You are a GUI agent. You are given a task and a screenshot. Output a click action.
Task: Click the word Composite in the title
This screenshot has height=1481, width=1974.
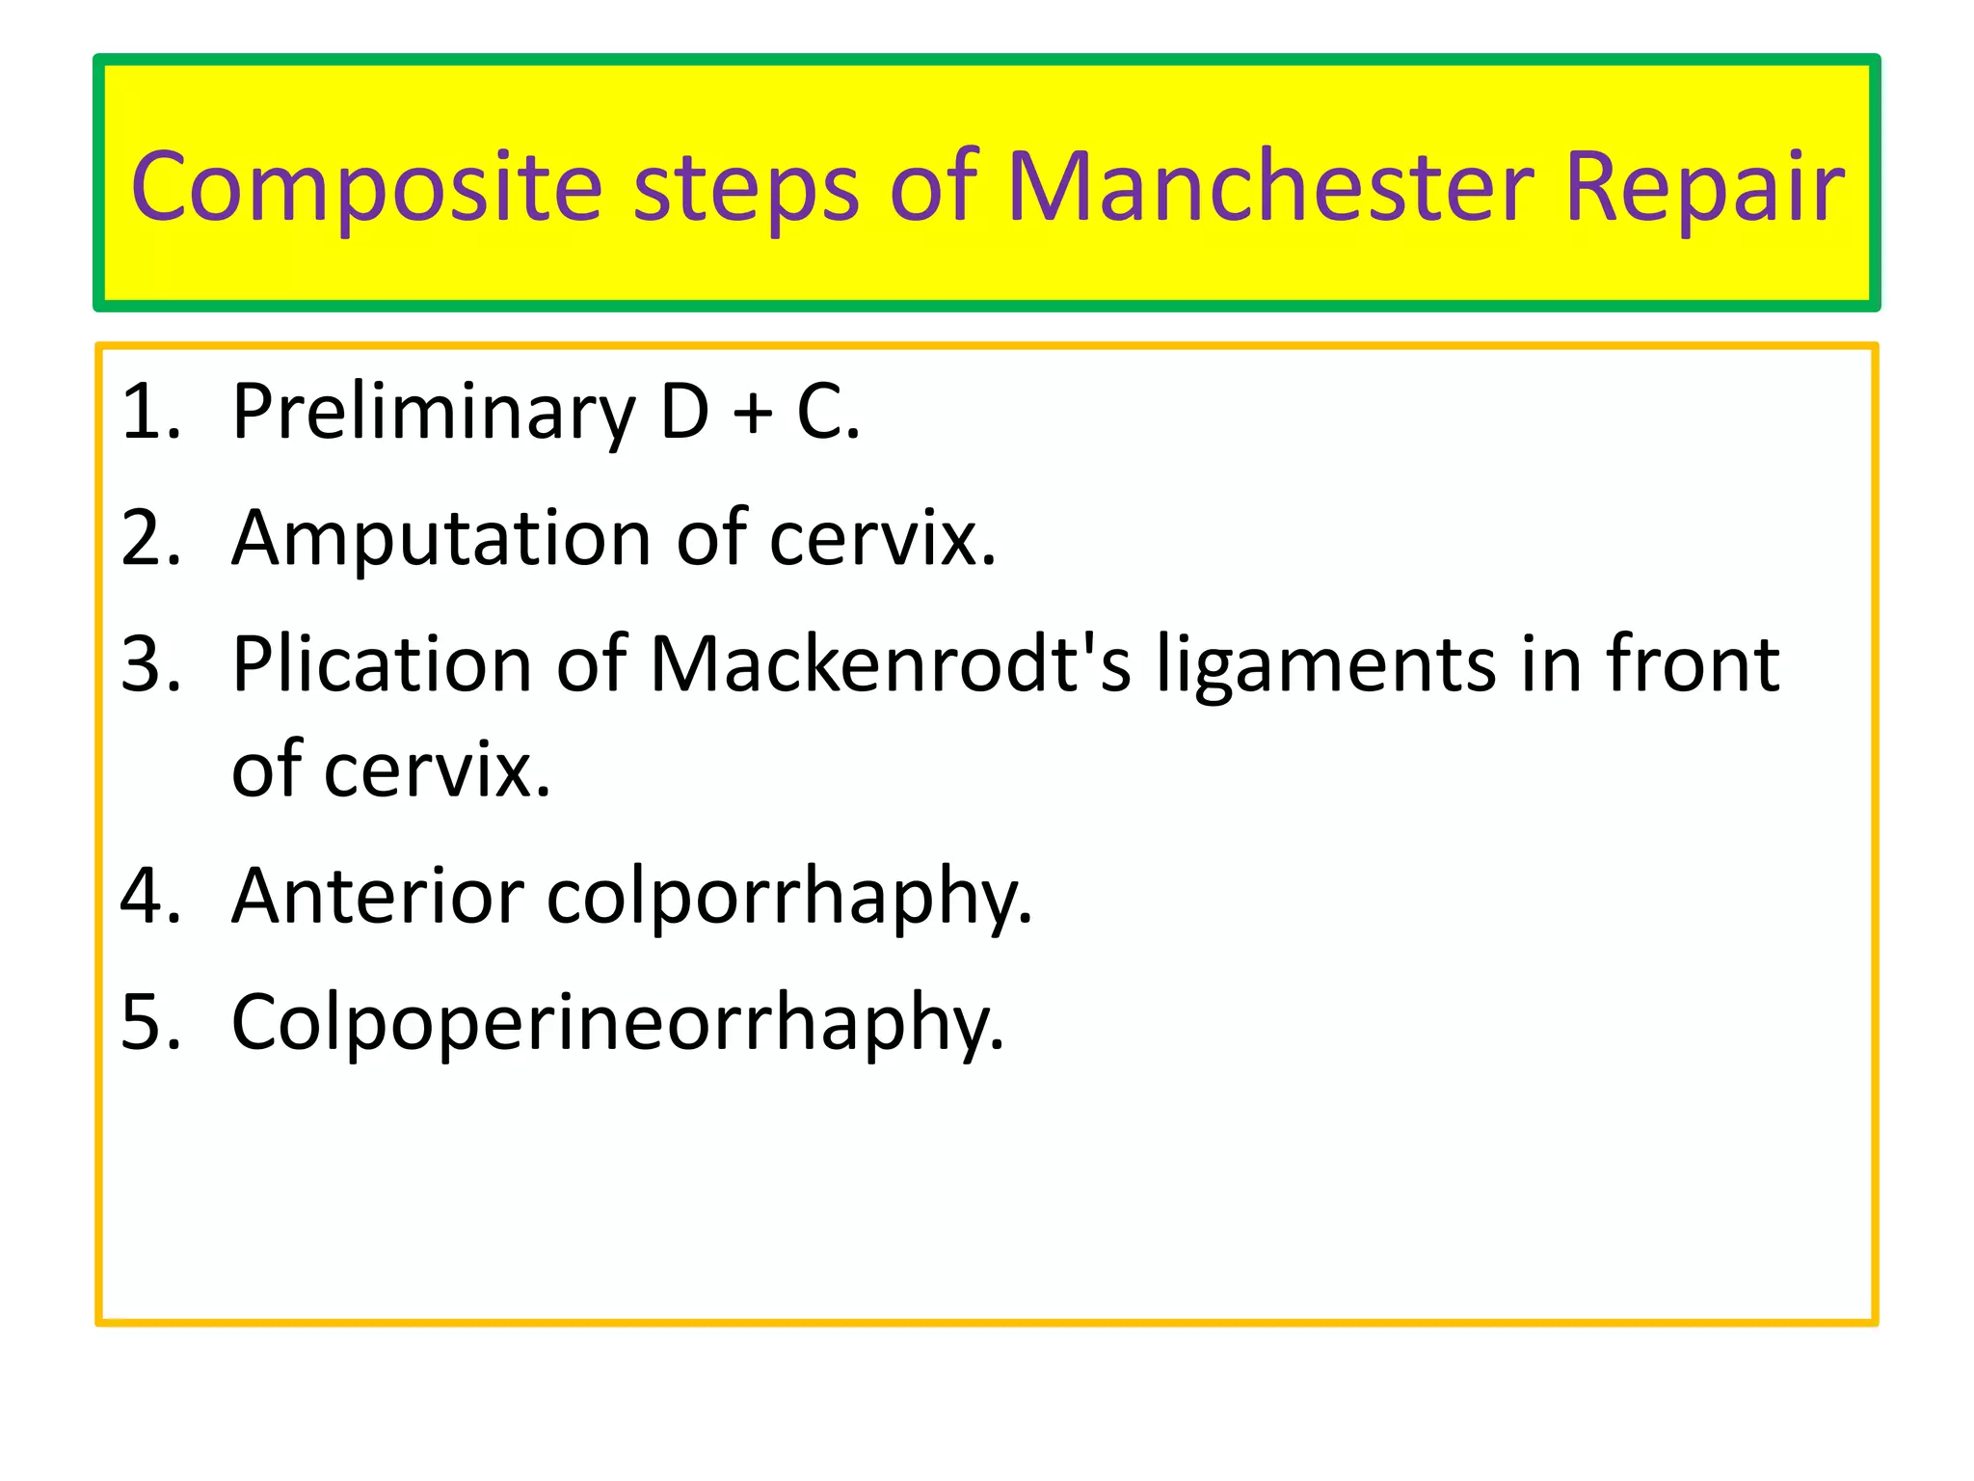366,188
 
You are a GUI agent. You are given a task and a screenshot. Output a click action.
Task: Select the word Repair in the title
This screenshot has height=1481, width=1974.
1703,188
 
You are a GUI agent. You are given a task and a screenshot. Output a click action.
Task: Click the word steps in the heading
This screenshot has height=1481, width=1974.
745,188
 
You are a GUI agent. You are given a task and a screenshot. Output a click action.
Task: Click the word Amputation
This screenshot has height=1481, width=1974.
441,538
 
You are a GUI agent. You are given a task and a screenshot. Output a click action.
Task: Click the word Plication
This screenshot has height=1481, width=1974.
382,664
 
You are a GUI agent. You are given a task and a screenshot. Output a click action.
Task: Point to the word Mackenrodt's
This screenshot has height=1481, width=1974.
890,664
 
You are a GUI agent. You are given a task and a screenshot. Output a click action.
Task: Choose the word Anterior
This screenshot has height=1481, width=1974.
378,896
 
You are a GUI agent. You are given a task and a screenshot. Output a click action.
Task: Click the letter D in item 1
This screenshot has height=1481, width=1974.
684,413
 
